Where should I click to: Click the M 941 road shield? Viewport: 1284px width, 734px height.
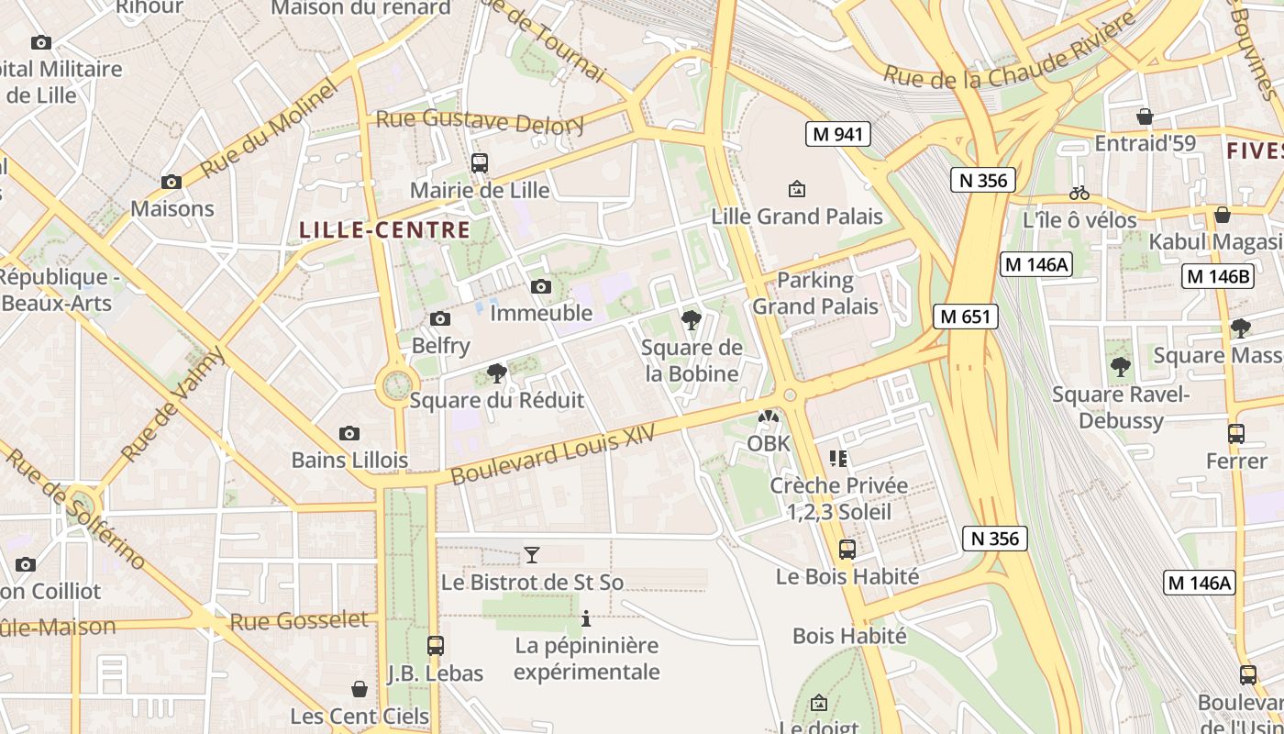tap(837, 134)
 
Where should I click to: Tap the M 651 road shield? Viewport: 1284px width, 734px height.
tap(965, 317)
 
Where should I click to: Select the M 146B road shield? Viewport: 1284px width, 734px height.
tap(1217, 276)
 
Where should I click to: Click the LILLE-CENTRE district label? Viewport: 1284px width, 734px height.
tap(385, 229)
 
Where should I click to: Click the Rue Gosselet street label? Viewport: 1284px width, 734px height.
tap(299, 621)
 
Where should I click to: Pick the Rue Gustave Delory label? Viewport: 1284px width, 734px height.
tap(480, 120)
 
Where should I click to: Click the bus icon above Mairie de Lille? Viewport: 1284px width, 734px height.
tap(479, 163)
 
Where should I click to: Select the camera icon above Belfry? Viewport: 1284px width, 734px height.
tap(440, 318)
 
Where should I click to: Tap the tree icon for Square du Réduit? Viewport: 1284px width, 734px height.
tap(496, 373)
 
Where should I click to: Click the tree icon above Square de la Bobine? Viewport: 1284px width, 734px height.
tap(692, 319)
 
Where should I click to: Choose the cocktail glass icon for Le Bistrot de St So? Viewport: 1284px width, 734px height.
tap(531, 554)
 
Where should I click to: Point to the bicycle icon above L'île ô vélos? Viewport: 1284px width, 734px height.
tap(1079, 193)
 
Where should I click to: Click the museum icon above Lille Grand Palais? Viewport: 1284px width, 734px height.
tap(797, 189)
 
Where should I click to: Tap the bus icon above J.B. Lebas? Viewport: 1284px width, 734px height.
tap(435, 645)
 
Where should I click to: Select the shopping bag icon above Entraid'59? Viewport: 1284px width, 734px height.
tap(1145, 117)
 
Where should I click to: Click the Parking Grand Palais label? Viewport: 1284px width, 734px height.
tap(815, 293)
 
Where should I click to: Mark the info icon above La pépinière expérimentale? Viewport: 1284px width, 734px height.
tap(586, 618)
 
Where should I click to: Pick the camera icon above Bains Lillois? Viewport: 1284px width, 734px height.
tap(349, 433)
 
